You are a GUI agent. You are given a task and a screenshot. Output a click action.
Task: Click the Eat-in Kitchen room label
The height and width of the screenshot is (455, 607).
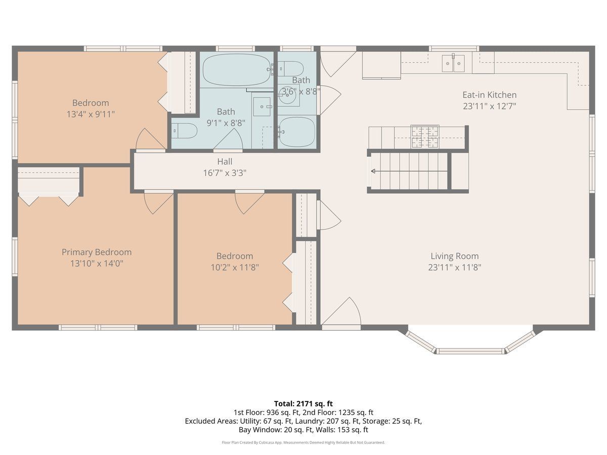490,95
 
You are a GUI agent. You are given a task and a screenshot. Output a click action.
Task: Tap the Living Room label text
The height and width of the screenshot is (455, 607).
455,256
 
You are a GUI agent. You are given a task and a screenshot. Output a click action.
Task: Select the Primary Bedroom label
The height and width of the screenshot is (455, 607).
97,252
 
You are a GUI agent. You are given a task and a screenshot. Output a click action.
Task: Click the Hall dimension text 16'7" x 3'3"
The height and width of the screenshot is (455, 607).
225,173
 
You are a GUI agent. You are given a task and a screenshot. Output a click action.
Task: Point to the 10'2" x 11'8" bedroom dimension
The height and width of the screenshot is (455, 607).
235,267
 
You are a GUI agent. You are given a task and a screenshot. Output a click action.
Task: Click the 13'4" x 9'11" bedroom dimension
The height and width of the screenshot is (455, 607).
91,114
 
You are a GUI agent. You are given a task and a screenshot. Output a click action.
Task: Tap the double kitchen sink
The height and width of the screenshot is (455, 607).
453,63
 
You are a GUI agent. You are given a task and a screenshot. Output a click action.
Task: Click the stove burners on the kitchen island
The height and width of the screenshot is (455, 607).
425,136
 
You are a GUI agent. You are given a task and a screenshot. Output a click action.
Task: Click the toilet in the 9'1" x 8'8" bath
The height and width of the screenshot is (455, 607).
184,130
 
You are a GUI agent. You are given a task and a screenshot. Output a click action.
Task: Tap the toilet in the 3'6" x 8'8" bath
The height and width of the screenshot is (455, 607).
291,68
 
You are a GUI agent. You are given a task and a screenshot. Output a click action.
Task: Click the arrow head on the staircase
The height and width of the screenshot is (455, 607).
373,171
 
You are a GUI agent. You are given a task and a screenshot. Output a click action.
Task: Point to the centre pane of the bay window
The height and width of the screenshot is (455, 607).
470,351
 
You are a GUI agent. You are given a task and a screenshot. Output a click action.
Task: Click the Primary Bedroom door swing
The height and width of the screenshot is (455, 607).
159,202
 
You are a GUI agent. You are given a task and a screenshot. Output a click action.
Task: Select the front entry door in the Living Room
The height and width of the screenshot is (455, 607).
341,312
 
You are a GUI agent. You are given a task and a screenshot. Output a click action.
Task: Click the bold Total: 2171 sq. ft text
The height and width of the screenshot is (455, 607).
303,403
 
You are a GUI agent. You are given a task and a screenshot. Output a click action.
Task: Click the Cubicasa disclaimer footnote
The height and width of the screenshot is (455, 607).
303,442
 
